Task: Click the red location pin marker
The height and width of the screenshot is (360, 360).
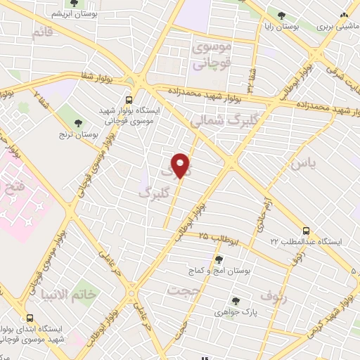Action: click(181, 165)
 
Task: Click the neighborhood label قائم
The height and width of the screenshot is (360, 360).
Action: click(42, 32)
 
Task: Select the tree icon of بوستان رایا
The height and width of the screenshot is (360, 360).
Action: click(282, 15)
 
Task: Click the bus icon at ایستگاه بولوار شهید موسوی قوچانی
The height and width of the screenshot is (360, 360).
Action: click(128, 100)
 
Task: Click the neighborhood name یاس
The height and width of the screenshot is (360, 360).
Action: click(299, 163)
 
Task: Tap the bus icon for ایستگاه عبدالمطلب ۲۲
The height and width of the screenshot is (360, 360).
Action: click(305, 231)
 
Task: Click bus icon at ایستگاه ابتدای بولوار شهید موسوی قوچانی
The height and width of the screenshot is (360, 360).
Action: click(29, 318)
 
